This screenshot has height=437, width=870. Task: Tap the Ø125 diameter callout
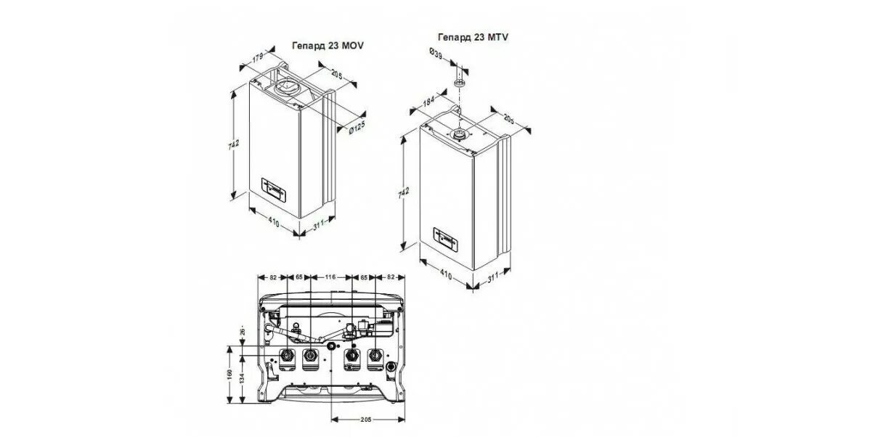356,128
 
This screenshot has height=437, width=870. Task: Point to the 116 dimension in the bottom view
331,277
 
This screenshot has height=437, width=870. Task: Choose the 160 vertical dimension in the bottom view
229,378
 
